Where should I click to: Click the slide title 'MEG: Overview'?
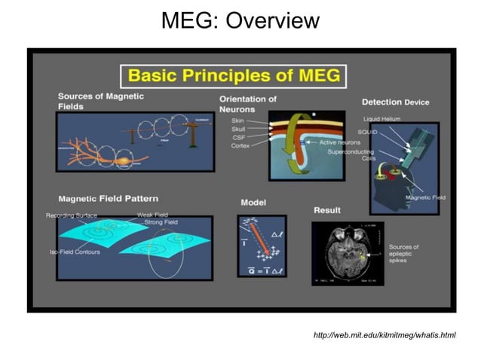[x=240, y=20]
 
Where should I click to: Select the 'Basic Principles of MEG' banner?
[x=234, y=75]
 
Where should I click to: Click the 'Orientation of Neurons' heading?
[x=247, y=103]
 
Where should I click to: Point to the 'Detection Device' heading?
[x=395, y=102]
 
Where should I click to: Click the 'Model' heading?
[x=253, y=203]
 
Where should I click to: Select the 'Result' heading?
[x=326, y=209]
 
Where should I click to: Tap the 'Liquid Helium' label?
[x=381, y=119]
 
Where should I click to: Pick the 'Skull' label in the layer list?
[x=238, y=129]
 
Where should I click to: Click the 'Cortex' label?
[x=240, y=145]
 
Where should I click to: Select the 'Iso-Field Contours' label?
[x=74, y=252]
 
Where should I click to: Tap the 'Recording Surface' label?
[x=71, y=215]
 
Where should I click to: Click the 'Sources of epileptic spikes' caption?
[x=403, y=254]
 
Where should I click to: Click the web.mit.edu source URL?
[x=384, y=334]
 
